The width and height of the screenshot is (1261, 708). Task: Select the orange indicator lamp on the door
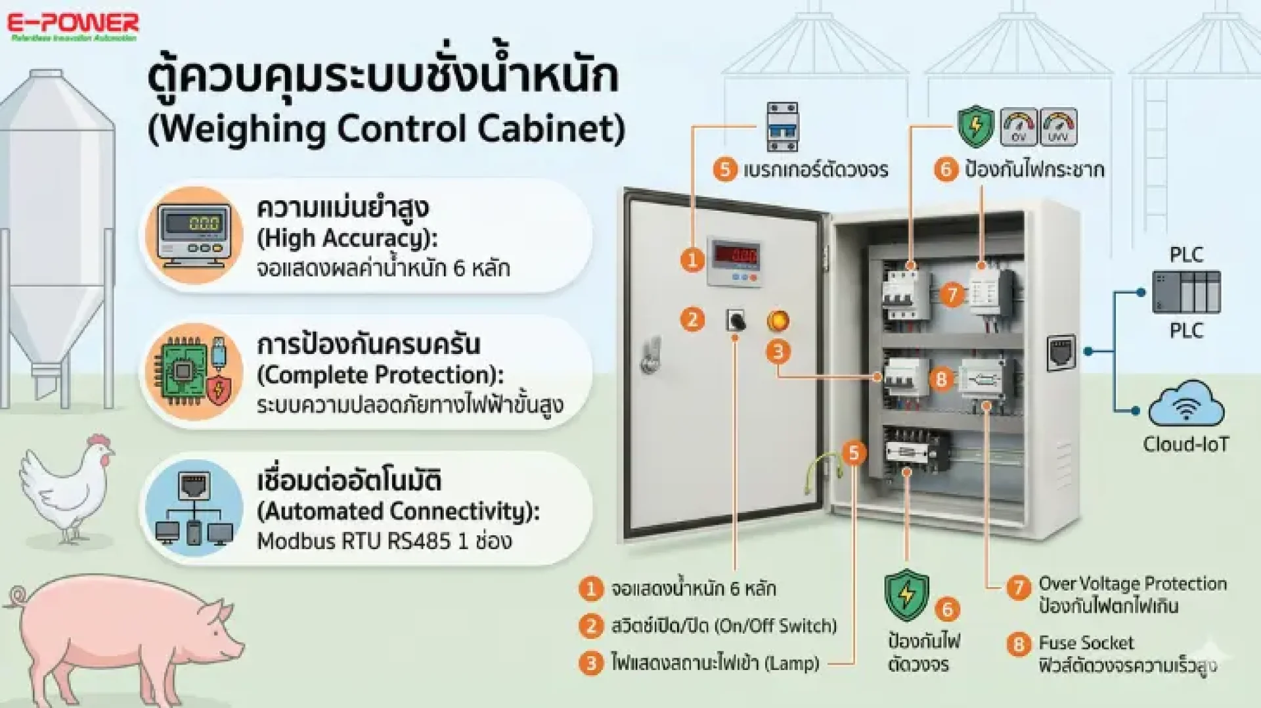pyautogui.click(x=778, y=321)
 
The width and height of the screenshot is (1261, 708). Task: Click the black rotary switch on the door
pyautogui.click(x=736, y=321)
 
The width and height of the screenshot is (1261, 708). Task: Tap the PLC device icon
pyautogui.click(x=1186, y=292)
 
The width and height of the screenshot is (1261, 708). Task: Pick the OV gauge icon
pyautogui.click(x=1019, y=127)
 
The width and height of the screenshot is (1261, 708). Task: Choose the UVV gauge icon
pyautogui.click(x=1058, y=127)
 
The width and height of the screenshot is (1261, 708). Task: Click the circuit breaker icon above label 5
pyautogui.click(x=782, y=126)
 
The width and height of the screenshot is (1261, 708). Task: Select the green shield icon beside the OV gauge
pyautogui.click(x=975, y=126)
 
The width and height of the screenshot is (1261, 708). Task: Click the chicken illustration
pyautogui.click(x=66, y=486)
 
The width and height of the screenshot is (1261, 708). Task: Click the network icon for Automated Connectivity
pyautogui.click(x=194, y=508)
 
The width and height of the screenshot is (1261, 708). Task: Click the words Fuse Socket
pyautogui.click(x=1086, y=642)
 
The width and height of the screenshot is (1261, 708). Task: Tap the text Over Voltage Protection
pyautogui.click(x=1132, y=583)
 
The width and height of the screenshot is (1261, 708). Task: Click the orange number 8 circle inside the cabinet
pyautogui.click(x=941, y=379)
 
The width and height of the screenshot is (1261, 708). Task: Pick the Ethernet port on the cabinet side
pyautogui.click(x=1061, y=352)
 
